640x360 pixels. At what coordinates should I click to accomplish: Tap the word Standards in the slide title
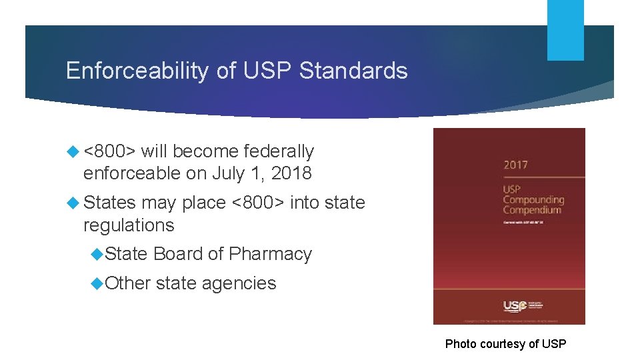(353, 71)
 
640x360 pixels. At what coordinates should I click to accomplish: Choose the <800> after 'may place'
(257, 202)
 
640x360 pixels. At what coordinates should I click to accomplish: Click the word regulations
(129, 225)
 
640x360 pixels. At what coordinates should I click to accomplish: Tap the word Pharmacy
(270, 254)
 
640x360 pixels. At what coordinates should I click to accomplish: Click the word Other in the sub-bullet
(128, 283)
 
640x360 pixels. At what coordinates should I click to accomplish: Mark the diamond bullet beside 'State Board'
(97, 254)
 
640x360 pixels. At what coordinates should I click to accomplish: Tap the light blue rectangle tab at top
(565, 30)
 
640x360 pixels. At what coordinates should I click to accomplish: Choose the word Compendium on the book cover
(532, 210)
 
